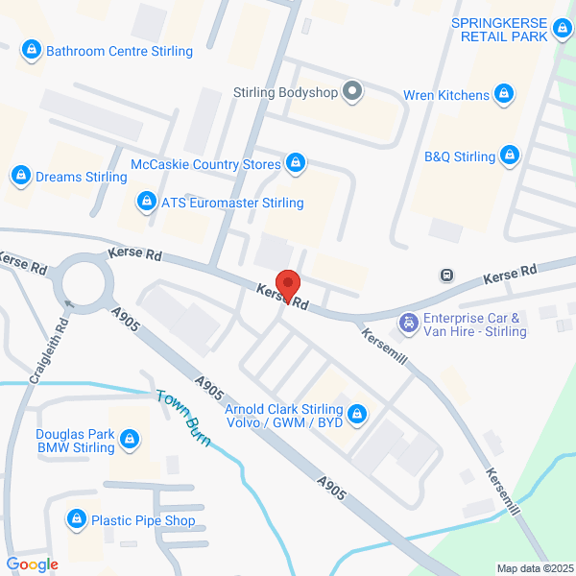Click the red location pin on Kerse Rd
pos(289,286)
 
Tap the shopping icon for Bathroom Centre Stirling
pos(32,49)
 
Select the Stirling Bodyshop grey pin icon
pos(353,92)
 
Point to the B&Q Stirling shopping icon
pos(510,155)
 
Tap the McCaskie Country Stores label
pos(205,164)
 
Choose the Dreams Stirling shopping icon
pos(20,176)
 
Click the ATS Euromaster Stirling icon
pos(147,202)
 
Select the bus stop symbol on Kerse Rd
pos(447,276)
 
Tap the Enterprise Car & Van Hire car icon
pos(409,324)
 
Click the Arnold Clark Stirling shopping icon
pos(357,414)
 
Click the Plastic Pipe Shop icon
pos(76,520)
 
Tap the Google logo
pos(32,564)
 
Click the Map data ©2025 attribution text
pos(533,567)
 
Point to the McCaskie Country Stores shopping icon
pos(296,164)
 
